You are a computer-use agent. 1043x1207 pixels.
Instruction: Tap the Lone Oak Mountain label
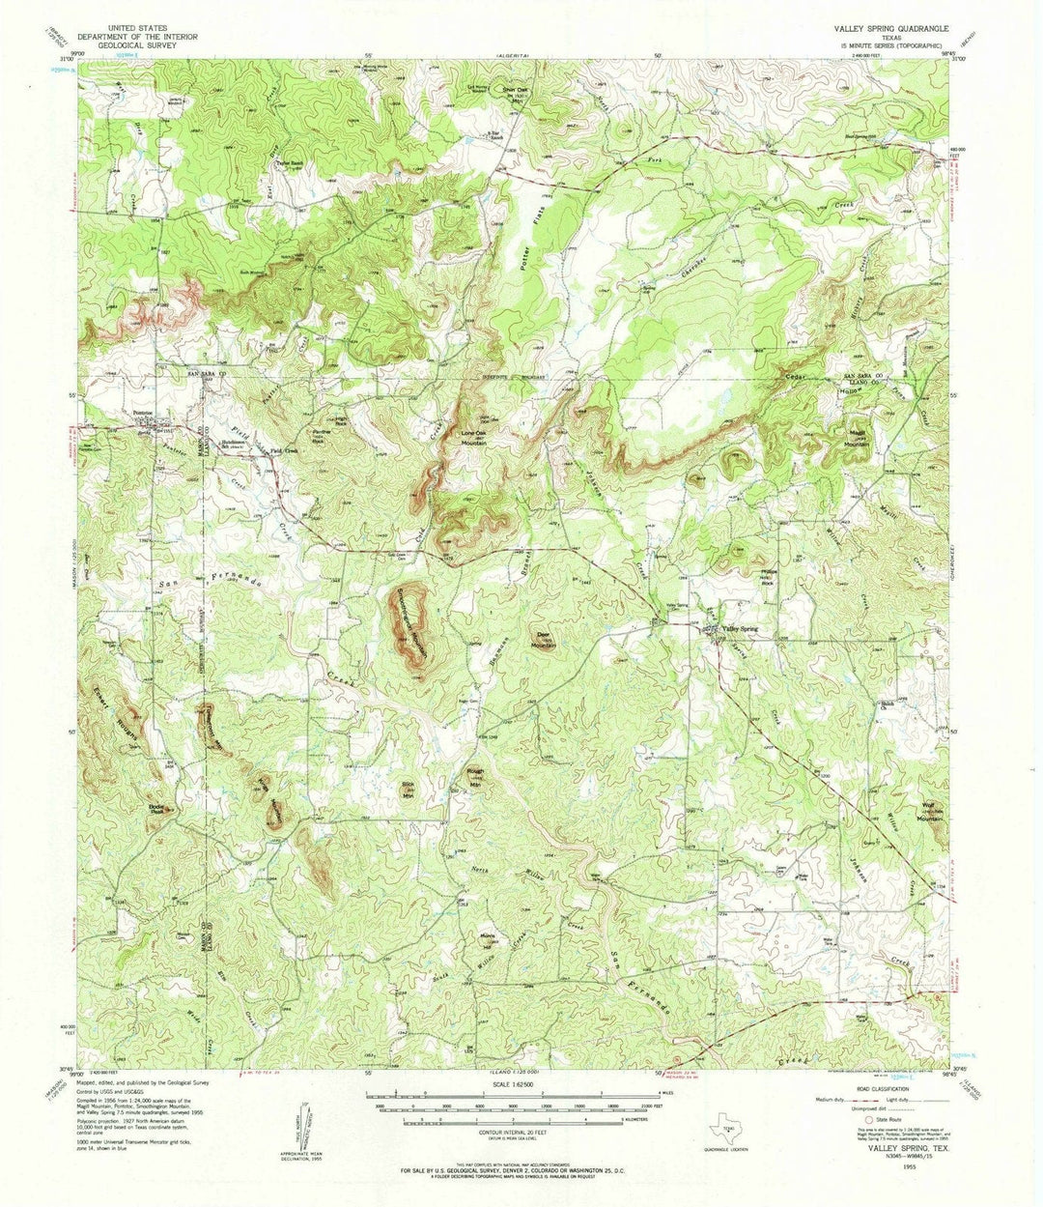(473, 436)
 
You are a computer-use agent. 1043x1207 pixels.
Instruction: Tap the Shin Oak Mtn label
(513, 94)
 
